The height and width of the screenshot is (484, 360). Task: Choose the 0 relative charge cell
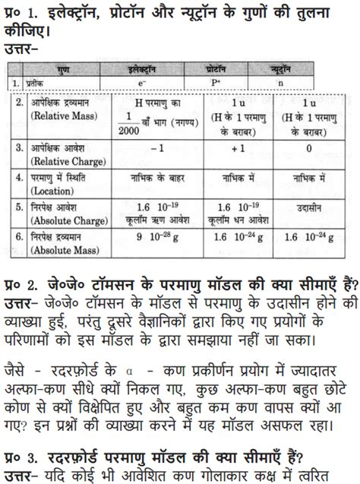tap(308, 148)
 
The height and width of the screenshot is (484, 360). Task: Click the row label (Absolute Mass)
tap(64, 247)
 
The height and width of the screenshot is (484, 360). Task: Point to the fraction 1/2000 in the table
tap(134, 123)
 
